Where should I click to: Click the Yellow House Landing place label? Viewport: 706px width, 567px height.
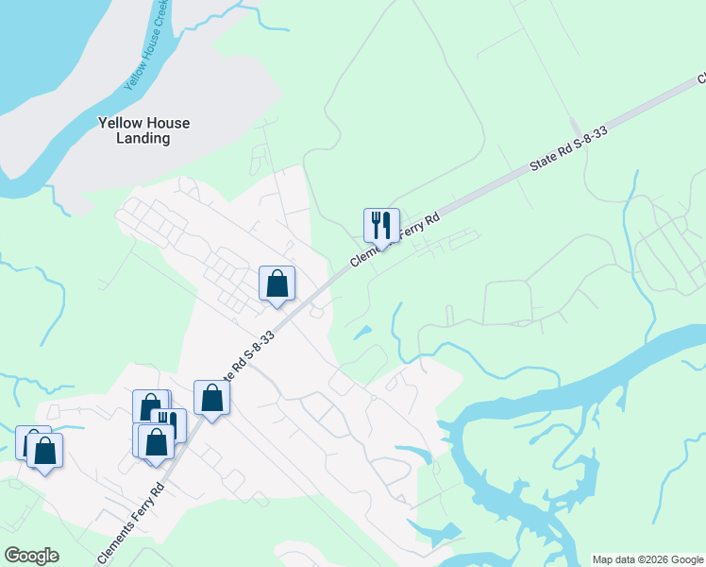[144, 130]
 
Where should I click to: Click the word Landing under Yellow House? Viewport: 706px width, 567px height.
[144, 138]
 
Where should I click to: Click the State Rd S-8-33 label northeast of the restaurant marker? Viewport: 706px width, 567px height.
[567, 149]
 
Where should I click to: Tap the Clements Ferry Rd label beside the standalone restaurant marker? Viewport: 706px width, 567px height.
[395, 242]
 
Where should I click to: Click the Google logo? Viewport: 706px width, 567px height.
[31, 556]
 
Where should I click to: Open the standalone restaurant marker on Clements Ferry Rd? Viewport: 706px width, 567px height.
[381, 226]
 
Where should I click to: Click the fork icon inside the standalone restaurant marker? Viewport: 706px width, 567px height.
[376, 224]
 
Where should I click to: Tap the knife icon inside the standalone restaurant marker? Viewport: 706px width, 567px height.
[387, 224]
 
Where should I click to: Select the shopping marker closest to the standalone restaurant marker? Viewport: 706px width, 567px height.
[277, 283]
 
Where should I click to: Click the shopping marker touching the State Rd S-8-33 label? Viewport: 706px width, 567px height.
[211, 398]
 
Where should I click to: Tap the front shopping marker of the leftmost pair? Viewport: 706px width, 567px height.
[44, 451]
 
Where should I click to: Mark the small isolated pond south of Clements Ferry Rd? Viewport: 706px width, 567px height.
[361, 332]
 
